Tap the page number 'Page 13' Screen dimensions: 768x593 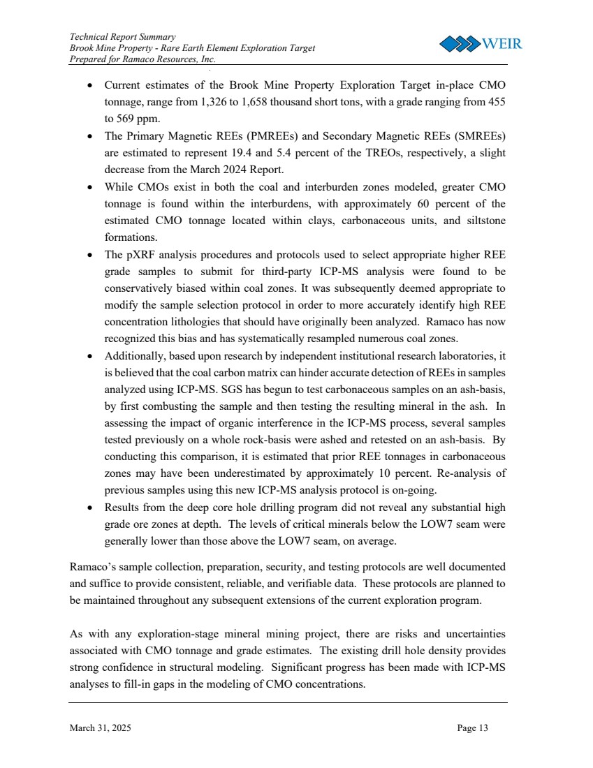coord(473,728)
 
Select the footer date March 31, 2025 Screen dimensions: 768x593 coord(100,728)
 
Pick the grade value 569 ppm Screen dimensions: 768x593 coord(122,119)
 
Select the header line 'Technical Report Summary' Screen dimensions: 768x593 coord(122,36)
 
